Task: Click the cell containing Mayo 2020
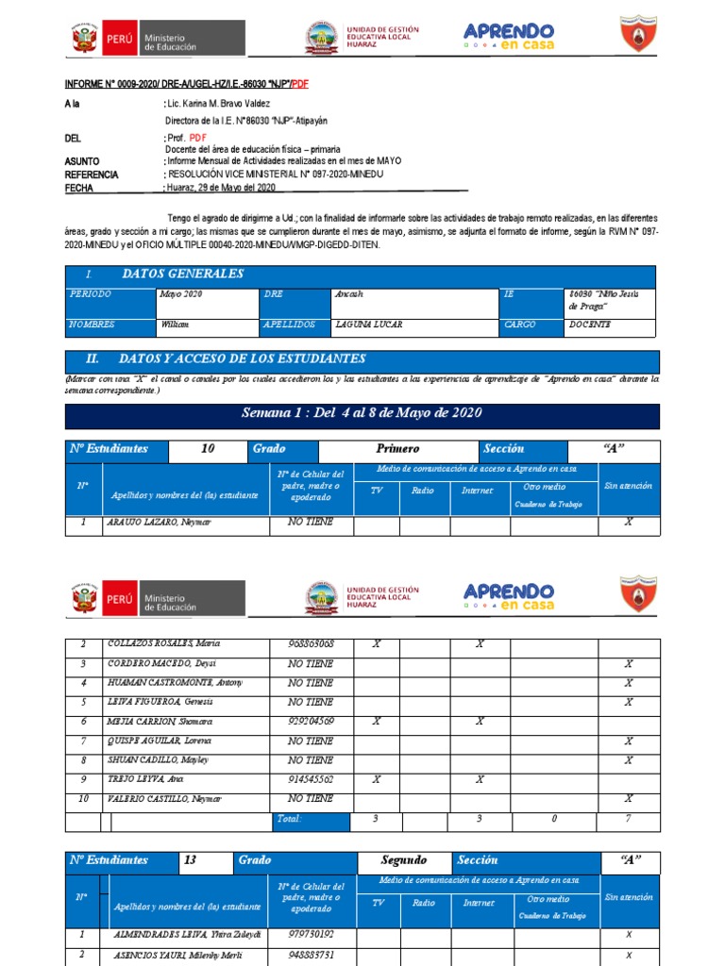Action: click(181, 294)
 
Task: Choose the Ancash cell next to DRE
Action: click(348, 294)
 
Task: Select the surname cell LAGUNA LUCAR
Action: click(369, 325)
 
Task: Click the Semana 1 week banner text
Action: click(362, 413)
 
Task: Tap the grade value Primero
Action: click(397, 449)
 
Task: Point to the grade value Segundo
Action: click(403, 860)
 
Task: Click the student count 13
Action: click(191, 860)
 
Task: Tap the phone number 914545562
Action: click(311, 780)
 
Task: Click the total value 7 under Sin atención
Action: click(629, 819)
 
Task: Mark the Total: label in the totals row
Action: click(288, 819)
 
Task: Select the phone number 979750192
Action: click(311, 935)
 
